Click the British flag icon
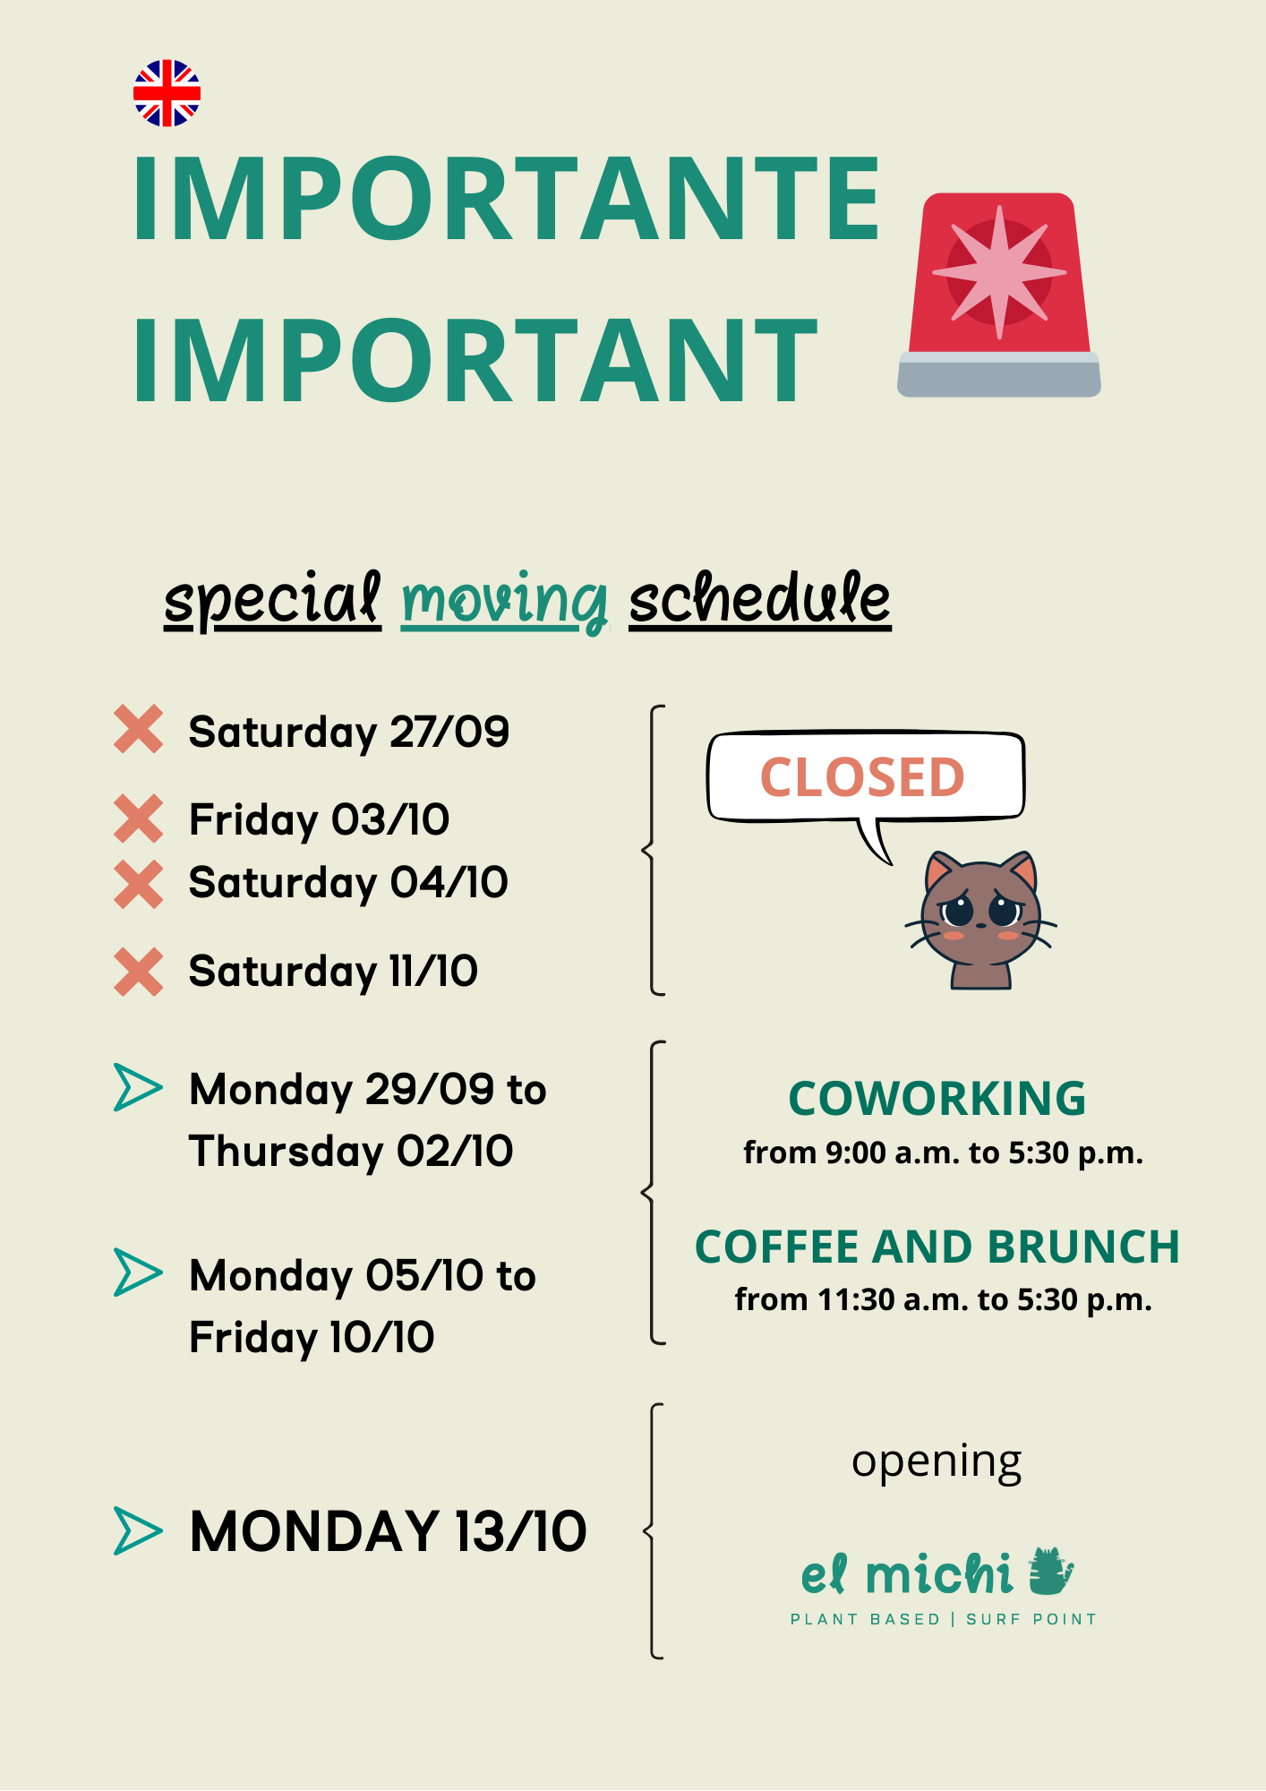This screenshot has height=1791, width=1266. [167, 93]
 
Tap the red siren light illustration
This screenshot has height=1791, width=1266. [999, 295]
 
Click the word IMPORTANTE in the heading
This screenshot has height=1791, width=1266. [506, 199]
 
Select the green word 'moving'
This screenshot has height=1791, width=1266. [504, 600]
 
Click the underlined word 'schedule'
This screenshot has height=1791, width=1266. [760, 598]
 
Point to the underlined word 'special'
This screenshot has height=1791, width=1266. [272, 600]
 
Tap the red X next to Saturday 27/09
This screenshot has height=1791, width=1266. [139, 729]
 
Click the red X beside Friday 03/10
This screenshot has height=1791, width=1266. [139, 818]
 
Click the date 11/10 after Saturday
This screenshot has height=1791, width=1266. [433, 972]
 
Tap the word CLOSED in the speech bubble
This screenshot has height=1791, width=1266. [862, 777]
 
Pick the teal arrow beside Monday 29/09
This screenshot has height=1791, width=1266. [139, 1087]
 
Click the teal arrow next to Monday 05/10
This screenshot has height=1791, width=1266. [139, 1273]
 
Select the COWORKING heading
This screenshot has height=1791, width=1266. [937, 1099]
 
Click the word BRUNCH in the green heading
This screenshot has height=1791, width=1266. [1084, 1247]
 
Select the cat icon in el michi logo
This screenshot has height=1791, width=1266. [1050, 1572]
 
